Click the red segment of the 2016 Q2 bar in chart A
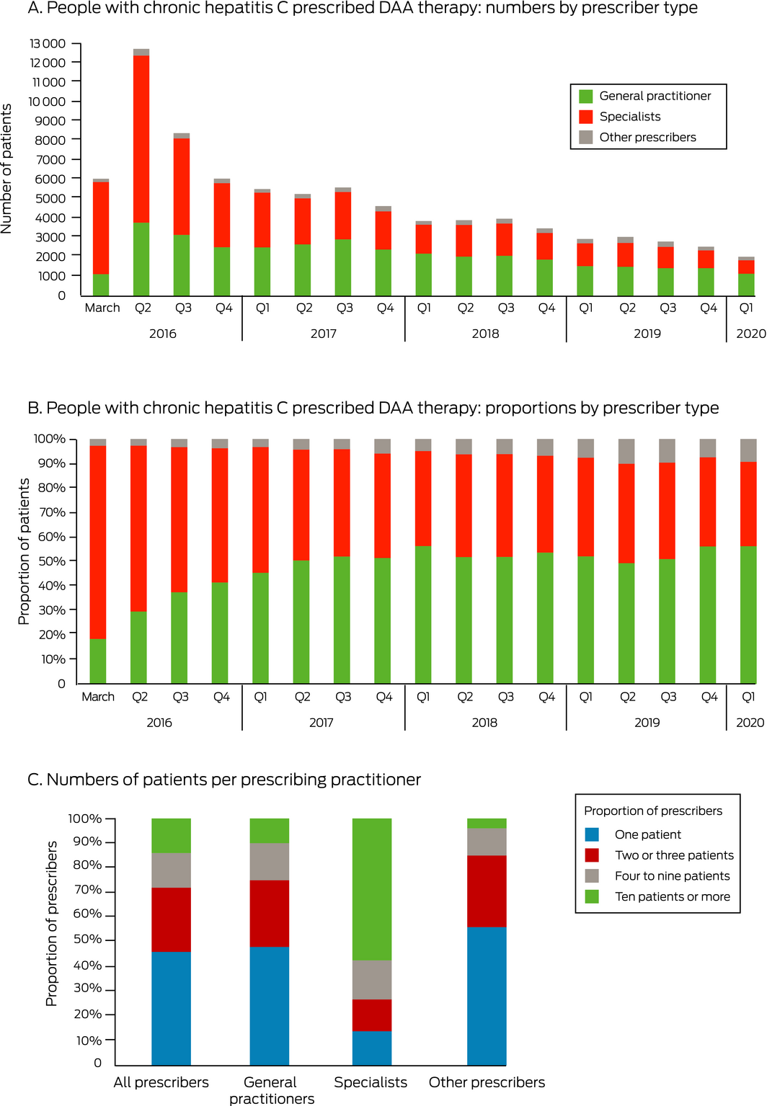[x=141, y=138]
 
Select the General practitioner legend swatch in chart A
[x=586, y=97]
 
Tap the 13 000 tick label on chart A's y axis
[x=48, y=44]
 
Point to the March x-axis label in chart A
[x=102, y=308]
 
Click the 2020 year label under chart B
[x=750, y=723]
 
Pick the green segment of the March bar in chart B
[x=97, y=661]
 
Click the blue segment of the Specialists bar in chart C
[x=372, y=1048]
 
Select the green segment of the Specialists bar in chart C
[x=372, y=889]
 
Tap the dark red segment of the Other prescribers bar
[x=487, y=891]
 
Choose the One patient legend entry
[x=647, y=834]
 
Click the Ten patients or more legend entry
[x=672, y=896]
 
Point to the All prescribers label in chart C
[x=161, y=1082]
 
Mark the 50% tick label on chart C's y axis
[x=87, y=939]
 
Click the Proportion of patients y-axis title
[x=24, y=551]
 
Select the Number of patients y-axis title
[x=6, y=169]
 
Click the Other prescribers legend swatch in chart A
[x=586, y=138]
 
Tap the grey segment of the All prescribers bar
[x=171, y=870]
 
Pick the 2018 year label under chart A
[x=485, y=334]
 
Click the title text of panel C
[x=224, y=780]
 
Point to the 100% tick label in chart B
[x=50, y=439]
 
